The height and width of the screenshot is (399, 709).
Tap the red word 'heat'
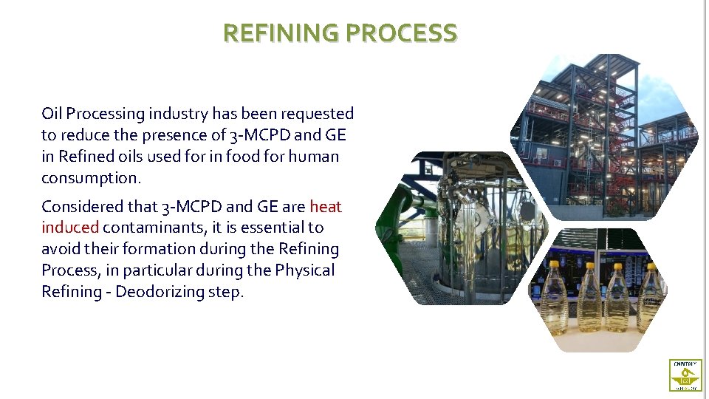326,207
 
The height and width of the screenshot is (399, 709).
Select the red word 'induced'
69,228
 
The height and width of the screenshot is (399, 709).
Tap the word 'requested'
320,115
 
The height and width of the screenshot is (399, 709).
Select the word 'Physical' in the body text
304,271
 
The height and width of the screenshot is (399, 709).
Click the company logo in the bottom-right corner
685,375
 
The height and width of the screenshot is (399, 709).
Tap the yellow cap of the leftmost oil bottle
554,264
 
